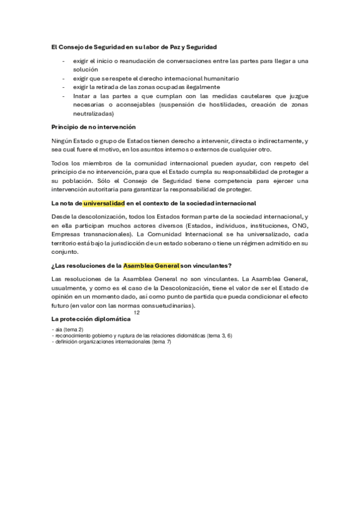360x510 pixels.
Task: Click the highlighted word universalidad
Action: (103, 204)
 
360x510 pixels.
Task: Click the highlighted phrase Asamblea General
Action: (151, 266)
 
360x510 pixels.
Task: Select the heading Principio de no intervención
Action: (93, 127)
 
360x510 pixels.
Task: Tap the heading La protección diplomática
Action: (91, 319)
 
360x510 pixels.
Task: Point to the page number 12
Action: (137, 313)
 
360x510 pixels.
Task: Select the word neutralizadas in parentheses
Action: (93, 113)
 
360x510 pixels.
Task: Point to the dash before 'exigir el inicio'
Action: (64, 61)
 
